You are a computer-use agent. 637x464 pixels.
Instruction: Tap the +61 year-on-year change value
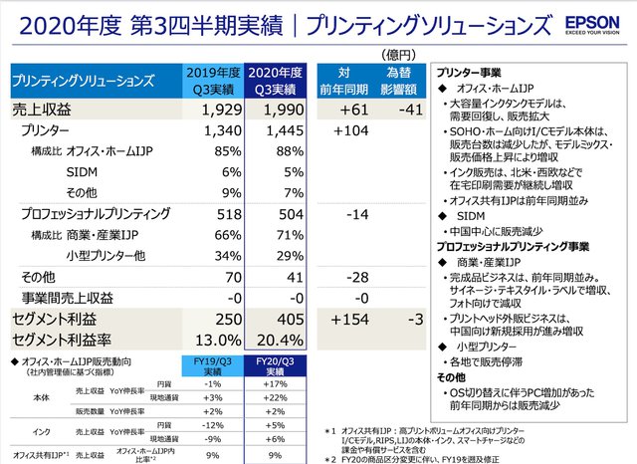point(347,109)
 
